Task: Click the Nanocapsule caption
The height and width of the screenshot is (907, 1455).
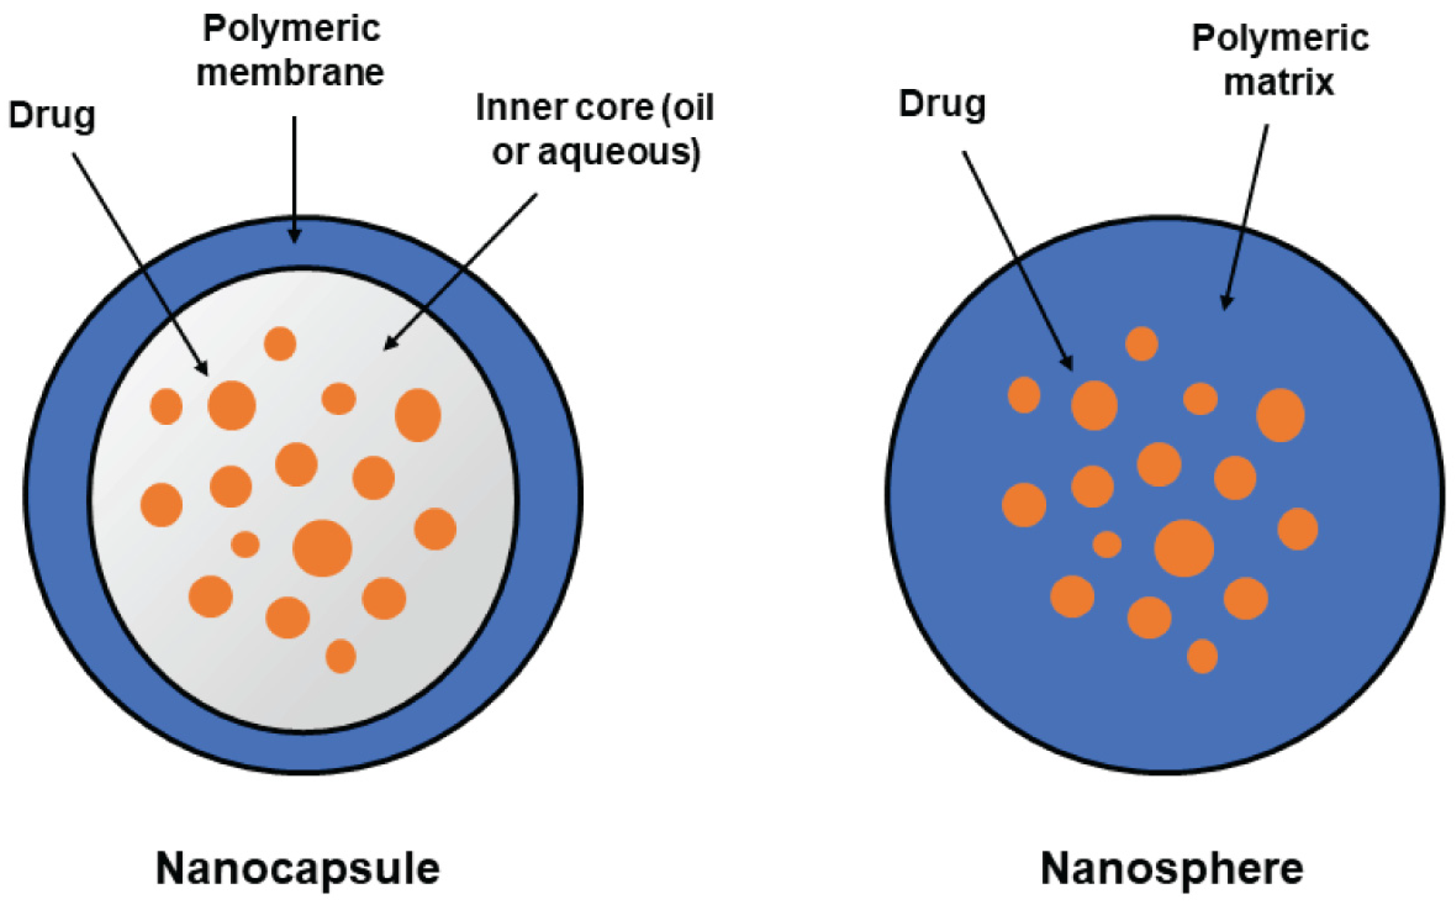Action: tap(297, 869)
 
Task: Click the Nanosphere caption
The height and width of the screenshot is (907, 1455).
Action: tap(1172, 869)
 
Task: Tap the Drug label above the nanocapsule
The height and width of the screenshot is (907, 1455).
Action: tap(52, 116)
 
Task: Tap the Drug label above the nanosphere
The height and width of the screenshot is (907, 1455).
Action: tap(942, 105)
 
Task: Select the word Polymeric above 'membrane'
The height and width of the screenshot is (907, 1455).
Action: tap(291, 29)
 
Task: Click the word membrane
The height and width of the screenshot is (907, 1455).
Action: tap(291, 73)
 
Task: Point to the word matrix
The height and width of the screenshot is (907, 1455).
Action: tap(1279, 82)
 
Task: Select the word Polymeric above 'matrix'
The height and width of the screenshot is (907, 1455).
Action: tap(1280, 39)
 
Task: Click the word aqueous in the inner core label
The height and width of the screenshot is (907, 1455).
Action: tap(618, 152)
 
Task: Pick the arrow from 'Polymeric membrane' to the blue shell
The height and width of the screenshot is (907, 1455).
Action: tap(294, 180)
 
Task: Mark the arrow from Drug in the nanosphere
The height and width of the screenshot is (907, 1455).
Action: tap(1018, 260)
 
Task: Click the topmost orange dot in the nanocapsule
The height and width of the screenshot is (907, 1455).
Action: tap(280, 344)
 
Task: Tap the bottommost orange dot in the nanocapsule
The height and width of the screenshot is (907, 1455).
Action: tap(341, 656)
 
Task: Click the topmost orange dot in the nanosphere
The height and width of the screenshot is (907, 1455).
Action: tap(1141, 344)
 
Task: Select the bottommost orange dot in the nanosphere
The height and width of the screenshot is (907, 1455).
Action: tap(1202, 656)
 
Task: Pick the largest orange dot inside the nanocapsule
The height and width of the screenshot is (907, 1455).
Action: tap(322, 548)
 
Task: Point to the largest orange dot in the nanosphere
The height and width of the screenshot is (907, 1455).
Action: tap(1184, 548)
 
